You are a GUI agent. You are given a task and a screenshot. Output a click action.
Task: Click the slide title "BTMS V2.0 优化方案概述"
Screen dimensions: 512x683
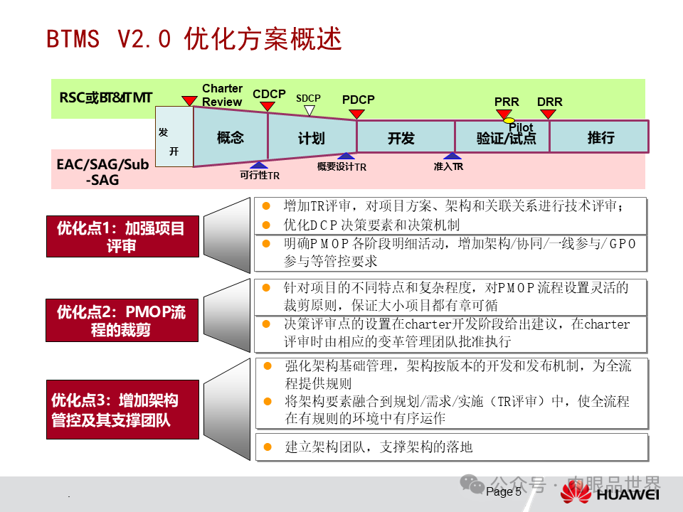pos(194,38)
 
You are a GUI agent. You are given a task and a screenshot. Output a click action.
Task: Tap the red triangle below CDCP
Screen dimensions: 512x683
pos(268,106)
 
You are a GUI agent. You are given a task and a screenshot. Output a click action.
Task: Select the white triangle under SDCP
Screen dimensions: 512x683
pos(309,110)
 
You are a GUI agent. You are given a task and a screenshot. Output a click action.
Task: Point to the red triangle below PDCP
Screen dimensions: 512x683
pos(357,113)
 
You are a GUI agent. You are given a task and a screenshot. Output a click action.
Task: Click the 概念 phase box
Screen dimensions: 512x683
pos(230,137)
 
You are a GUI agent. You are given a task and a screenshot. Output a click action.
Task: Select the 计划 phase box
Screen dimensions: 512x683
pos(312,137)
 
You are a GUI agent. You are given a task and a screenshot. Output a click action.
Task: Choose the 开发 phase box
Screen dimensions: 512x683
pos(401,137)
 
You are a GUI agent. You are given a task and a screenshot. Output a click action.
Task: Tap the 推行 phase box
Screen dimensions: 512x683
pos(600,137)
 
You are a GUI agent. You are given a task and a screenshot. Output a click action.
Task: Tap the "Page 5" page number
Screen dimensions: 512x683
pos(504,491)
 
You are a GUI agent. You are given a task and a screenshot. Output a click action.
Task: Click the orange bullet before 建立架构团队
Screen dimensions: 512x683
pos(268,447)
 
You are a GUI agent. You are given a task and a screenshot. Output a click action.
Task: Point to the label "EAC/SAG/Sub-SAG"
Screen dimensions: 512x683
pos(103,172)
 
